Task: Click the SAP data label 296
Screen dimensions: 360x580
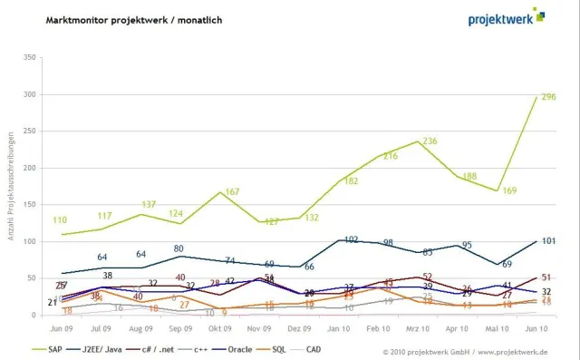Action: [x=547, y=97]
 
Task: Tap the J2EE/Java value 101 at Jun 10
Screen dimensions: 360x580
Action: [x=547, y=241]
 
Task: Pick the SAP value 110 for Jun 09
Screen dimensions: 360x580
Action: [x=61, y=220]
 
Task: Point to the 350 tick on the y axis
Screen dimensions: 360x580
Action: [x=29, y=57]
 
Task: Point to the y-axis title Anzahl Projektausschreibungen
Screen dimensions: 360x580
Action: [x=11, y=186]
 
